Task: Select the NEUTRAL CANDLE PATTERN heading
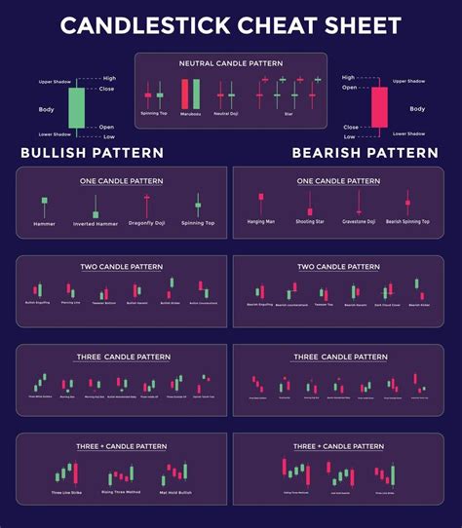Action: (230, 63)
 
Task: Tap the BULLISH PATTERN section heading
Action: (93, 153)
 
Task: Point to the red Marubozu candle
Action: (182, 94)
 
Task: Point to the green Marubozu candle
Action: (196, 94)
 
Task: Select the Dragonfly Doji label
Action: (146, 223)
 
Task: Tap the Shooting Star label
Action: (309, 222)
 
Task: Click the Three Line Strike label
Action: (66, 492)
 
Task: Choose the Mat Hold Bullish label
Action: (175, 492)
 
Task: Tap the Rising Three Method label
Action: (121, 492)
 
